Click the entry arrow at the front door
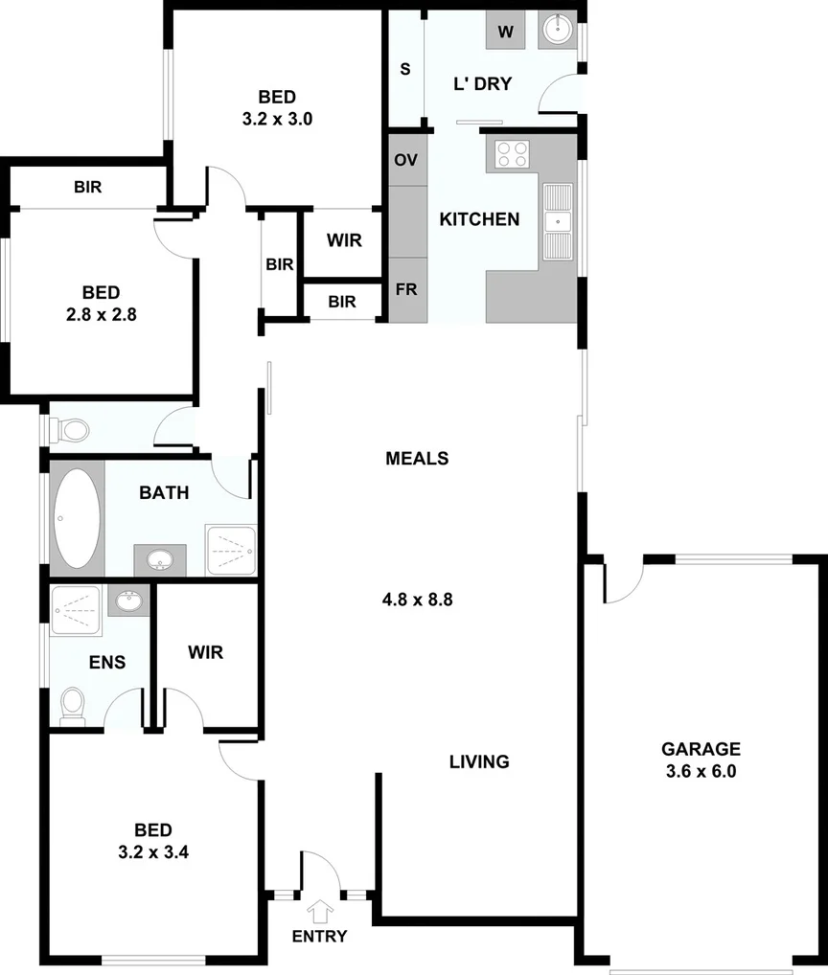click(319, 909)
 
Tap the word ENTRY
click(319, 936)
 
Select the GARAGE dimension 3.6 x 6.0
click(701, 771)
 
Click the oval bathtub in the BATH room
click(76, 519)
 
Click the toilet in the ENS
click(73, 707)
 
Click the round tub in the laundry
click(557, 31)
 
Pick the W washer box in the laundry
click(506, 32)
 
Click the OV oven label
click(406, 159)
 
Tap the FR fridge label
click(406, 289)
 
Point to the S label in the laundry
click(405, 69)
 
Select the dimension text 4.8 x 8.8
click(417, 601)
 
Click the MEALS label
click(417, 458)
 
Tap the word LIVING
click(479, 762)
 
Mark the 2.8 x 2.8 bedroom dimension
click(101, 313)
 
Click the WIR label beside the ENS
click(206, 652)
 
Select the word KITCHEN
click(479, 219)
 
